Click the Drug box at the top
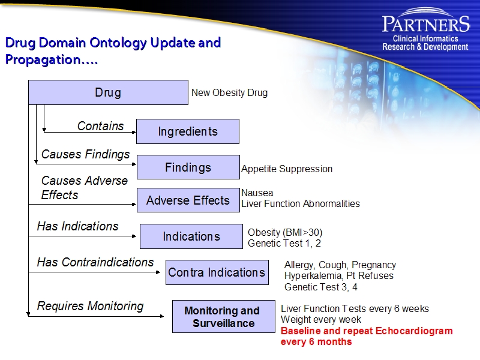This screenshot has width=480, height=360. (x=108, y=92)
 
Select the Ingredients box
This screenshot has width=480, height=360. (x=187, y=131)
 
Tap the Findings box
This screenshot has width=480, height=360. (x=188, y=167)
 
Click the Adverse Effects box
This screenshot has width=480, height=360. (x=188, y=200)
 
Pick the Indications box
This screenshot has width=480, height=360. (x=191, y=236)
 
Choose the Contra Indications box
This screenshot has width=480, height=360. (x=217, y=272)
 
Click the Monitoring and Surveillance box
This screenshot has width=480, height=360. (x=222, y=317)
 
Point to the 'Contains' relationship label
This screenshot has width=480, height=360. (x=100, y=126)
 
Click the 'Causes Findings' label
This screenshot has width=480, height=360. (x=85, y=154)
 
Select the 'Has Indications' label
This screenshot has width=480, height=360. (x=77, y=226)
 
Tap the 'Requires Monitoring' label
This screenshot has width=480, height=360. (x=90, y=306)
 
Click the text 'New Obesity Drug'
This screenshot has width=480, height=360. (x=229, y=93)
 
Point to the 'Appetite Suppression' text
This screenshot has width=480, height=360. (x=287, y=169)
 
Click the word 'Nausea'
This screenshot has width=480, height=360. (x=257, y=193)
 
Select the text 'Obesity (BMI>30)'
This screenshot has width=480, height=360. (x=285, y=233)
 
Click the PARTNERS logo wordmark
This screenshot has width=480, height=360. (x=425, y=24)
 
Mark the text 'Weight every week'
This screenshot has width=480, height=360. (x=320, y=320)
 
